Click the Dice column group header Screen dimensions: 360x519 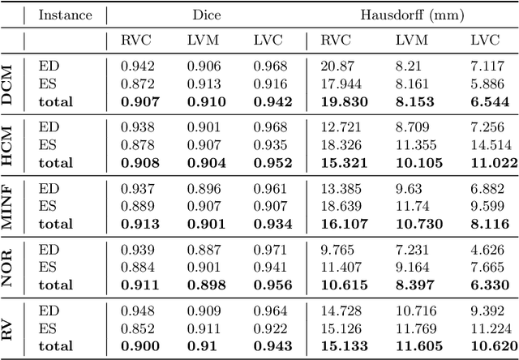click(x=207, y=15)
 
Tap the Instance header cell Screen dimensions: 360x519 click(x=65, y=15)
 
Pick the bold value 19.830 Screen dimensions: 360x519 click(x=344, y=102)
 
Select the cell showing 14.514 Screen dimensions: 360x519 click(x=490, y=145)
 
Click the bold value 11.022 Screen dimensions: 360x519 click(x=490, y=163)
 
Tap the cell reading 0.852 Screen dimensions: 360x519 click(x=137, y=328)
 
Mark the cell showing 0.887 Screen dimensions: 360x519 click(x=204, y=249)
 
